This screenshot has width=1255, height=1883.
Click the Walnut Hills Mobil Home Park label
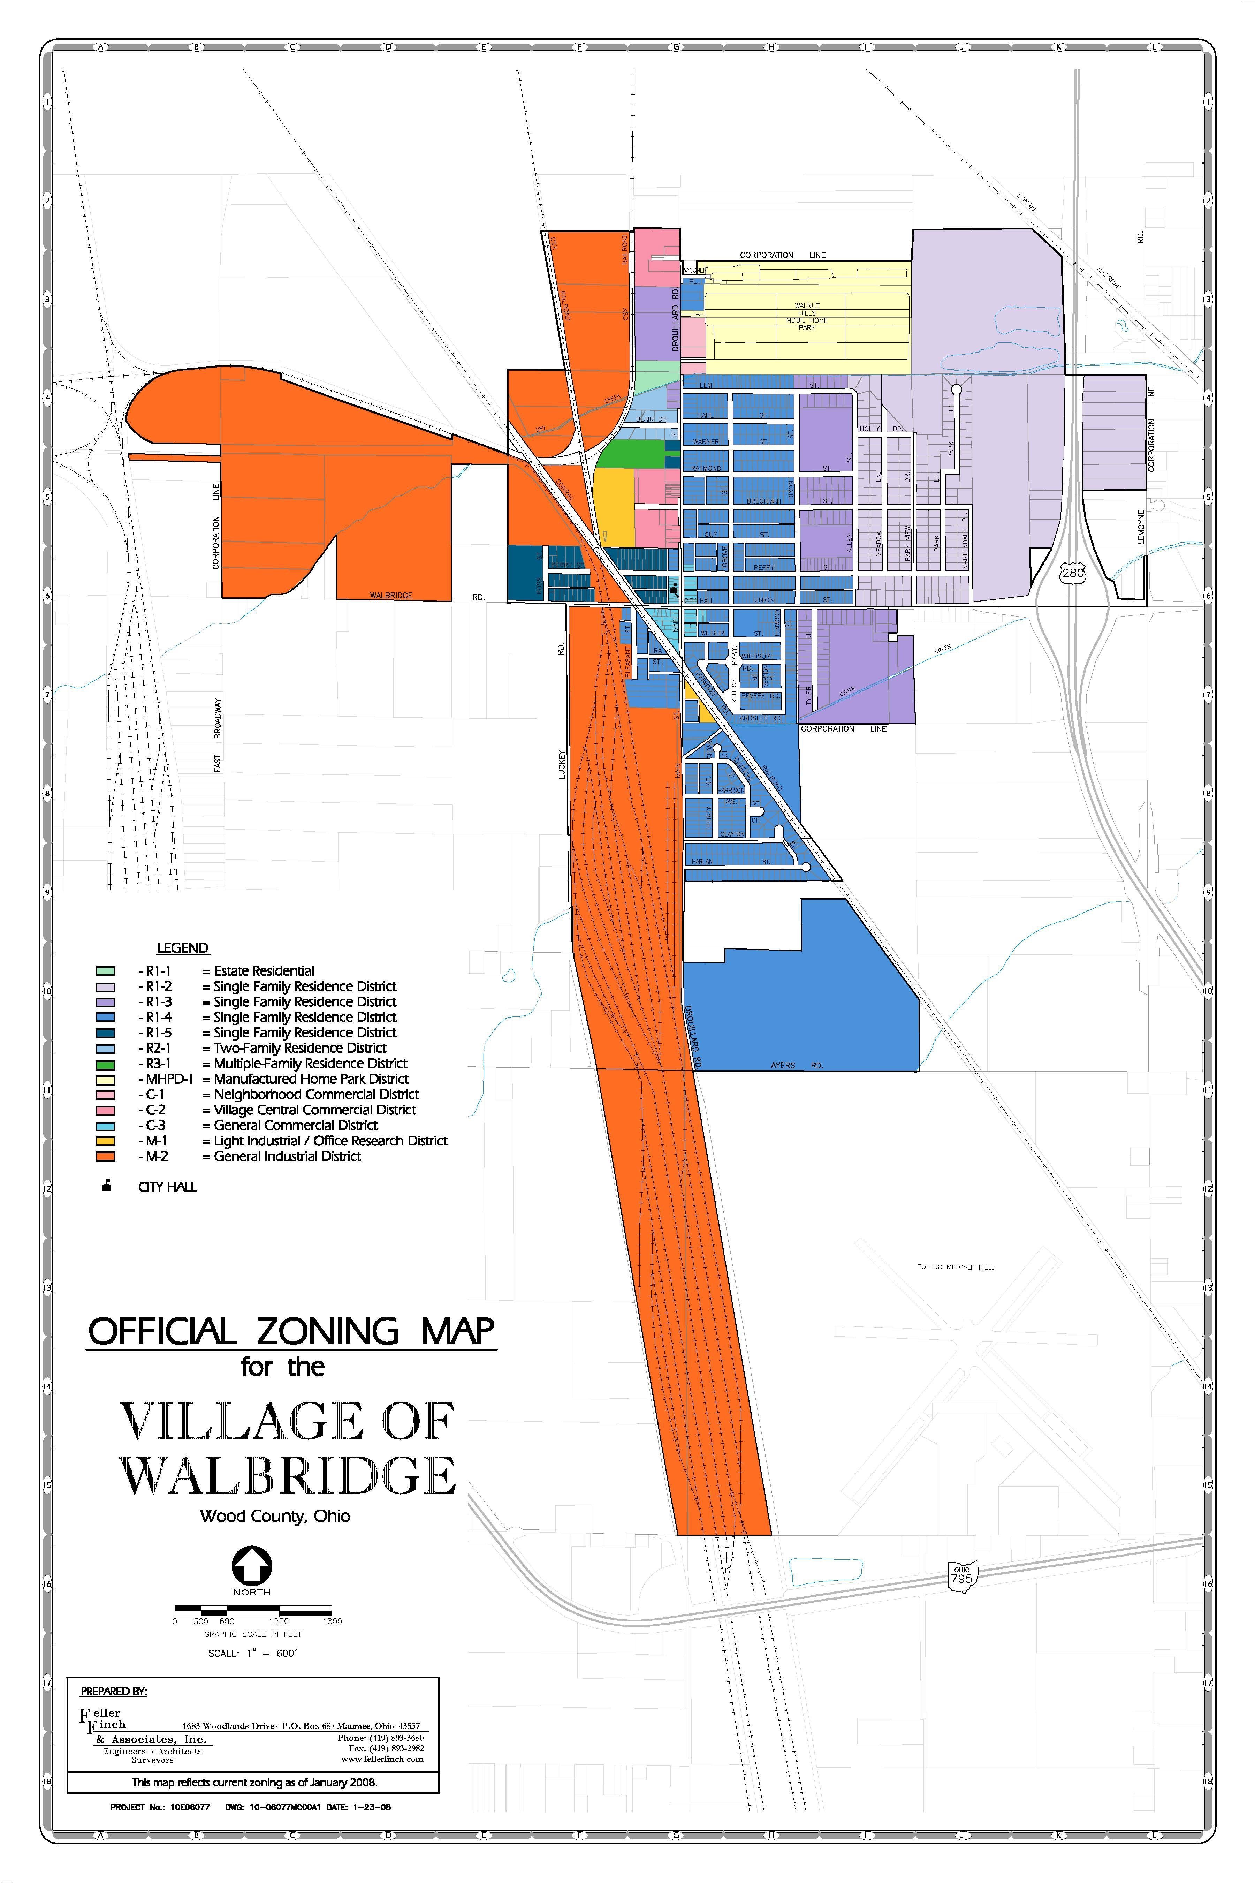807,316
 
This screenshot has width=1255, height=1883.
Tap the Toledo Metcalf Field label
957,1266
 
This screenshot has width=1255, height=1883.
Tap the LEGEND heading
182,948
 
